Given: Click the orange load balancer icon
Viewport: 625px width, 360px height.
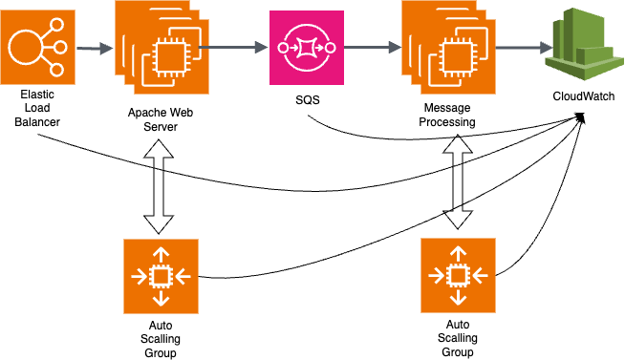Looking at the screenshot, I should click(x=37, y=47).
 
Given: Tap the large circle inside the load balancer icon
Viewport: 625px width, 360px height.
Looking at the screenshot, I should click(x=25, y=47).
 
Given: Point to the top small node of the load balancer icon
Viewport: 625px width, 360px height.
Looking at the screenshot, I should click(x=56, y=25).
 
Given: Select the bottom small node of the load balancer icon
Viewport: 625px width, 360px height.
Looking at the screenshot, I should click(x=56, y=69).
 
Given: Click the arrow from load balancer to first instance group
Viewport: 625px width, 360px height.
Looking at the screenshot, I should click(x=95, y=48).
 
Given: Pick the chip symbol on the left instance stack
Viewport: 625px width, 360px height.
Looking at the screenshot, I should click(x=170, y=57).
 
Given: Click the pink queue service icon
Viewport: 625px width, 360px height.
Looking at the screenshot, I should click(x=306, y=47).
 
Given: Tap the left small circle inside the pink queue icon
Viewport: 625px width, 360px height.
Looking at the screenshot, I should click(x=283, y=48).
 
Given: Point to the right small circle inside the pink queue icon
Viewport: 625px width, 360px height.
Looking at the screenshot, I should click(x=330, y=48).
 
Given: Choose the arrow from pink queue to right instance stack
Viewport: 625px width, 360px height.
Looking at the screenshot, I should click(x=373, y=47).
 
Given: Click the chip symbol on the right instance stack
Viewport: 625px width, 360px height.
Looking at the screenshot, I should click(x=457, y=57).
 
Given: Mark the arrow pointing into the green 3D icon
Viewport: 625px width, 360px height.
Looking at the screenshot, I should click(x=524, y=47).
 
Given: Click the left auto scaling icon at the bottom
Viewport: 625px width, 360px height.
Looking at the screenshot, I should click(x=161, y=276).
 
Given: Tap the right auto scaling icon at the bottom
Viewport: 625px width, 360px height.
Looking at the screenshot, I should click(x=458, y=275).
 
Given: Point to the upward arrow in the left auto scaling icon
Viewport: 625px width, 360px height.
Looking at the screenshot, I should click(x=161, y=255).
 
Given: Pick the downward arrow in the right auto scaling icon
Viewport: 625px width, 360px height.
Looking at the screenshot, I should click(x=458, y=296).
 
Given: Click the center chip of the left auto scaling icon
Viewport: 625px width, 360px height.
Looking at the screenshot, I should click(x=161, y=276).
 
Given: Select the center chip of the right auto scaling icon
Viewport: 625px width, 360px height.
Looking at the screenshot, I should click(x=458, y=275).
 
